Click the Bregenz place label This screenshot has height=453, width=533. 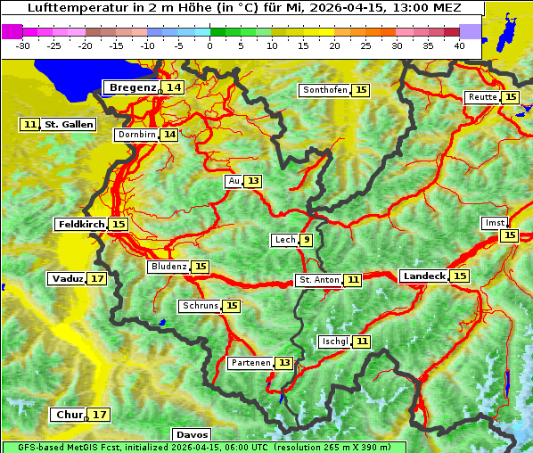pyautogui.click(x=132, y=87)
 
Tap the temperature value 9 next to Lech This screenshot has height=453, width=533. pyautogui.click(x=306, y=240)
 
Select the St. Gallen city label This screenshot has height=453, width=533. pyautogui.click(x=68, y=125)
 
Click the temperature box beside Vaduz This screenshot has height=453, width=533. pyautogui.click(x=97, y=279)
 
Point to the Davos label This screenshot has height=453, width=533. pyautogui.click(x=192, y=434)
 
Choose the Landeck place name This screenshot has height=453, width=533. pyautogui.click(x=423, y=276)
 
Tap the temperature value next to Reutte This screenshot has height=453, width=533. pyautogui.click(x=510, y=97)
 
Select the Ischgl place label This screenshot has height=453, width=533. pyautogui.click(x=334, y=342)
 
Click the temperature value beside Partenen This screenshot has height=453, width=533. pyautogui.click(x=283, y=363)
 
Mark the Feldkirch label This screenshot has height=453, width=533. pyautogui.click(x=80, y=225)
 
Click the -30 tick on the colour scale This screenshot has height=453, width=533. pyautogui.click(x=23, y=45)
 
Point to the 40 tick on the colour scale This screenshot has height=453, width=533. pyautogui.click(x=459, y=45)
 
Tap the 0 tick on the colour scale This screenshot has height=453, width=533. pyautogui.click(x=209, y=45)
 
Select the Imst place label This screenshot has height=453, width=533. pyautogui.click(x=493, y=222)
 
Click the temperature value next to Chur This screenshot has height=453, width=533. pyautogui.click(x=100, y=415)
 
